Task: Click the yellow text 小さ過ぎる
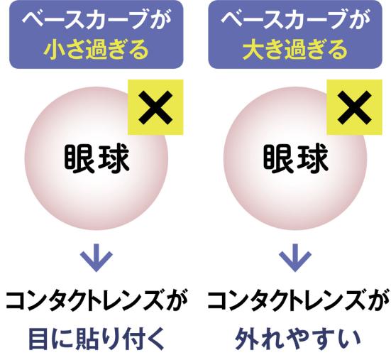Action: click(x=96, y=50)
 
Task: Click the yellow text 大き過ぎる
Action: click(x=294, y=50)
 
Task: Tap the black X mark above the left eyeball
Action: click(x=155, y=107)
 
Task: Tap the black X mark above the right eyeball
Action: click(x=354, y=107)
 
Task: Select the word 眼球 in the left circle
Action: click(x=97, y=159)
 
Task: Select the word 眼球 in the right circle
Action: click(x=296, y=159)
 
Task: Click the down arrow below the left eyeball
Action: click(x=97, y=258)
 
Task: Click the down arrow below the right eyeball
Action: click(x=295, y=258)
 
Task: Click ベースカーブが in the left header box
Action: click(x=97, y=19)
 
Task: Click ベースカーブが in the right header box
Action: click(x=295, y=19)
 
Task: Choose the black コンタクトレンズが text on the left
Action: click(x=97, y=301)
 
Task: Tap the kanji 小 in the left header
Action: click(x=54, y=50)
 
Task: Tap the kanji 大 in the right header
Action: click(x=253, y=50)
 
